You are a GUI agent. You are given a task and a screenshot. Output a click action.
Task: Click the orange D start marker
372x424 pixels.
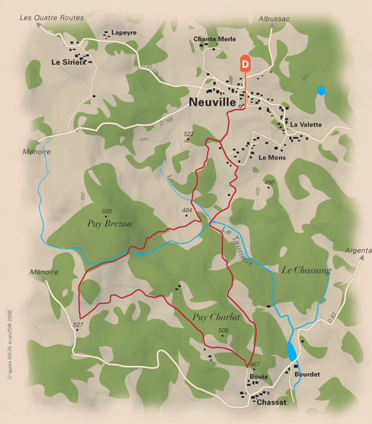(245, 63)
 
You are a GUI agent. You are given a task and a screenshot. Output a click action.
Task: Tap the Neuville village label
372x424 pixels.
(211, 102)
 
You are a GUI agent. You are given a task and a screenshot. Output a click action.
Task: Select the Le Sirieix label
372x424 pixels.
(68, 63)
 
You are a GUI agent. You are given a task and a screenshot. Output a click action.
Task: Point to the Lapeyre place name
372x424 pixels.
(124, 33)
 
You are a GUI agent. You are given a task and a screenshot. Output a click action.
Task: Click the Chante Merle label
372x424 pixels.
(214, 39)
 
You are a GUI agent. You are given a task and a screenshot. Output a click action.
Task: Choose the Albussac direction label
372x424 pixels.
(273, 19)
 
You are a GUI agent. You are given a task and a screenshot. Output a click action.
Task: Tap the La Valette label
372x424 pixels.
(305, 124)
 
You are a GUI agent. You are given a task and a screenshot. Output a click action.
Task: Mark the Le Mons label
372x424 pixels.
(271, 157)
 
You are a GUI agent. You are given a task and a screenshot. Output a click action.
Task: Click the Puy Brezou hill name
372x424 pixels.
(110, 223)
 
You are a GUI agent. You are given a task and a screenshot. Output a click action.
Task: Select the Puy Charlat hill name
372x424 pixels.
(217, 317)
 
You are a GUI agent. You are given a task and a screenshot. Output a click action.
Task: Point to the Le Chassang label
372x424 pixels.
(307, 269)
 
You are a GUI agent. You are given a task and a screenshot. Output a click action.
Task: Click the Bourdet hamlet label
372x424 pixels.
(307, 374)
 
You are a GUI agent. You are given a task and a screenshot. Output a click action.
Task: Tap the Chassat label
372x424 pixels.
(271, 402)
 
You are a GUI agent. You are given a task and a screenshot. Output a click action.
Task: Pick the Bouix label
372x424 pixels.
(258, 377)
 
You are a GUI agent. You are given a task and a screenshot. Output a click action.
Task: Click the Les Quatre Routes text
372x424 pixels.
(52, 18)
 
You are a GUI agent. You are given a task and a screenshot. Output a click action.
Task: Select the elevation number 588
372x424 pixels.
(106, 211)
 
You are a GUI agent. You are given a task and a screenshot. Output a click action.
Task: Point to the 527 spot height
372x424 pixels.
(78, 324)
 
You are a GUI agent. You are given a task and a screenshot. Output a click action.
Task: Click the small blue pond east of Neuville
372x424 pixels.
(320, 91)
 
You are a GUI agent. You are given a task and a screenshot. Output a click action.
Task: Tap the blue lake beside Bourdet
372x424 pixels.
(291, 350)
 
